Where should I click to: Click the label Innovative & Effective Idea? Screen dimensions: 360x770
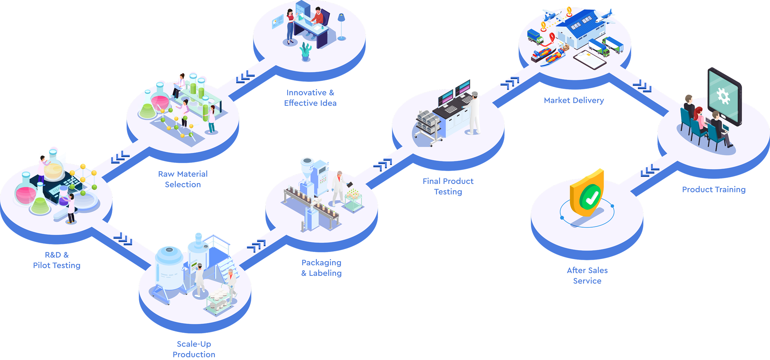pyautogui.click(x=310, y=98)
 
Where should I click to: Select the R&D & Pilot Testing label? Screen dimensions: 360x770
pyautogui.click(x=57, y=260)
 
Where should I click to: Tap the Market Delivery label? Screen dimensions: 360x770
pyautogui.click(x=573, y=100)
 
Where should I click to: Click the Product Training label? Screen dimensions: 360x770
pyautogui.click(x=713, y=189)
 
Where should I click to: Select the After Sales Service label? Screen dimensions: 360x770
pyautogui.click(x=587, y=276)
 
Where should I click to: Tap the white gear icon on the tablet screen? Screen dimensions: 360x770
pyautogui.click(x=723, y=96)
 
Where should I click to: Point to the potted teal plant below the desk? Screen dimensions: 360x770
pyautogui.click(x=305, y=52)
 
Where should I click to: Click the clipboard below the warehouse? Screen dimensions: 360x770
pyautogui.click(x=590, y=59)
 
